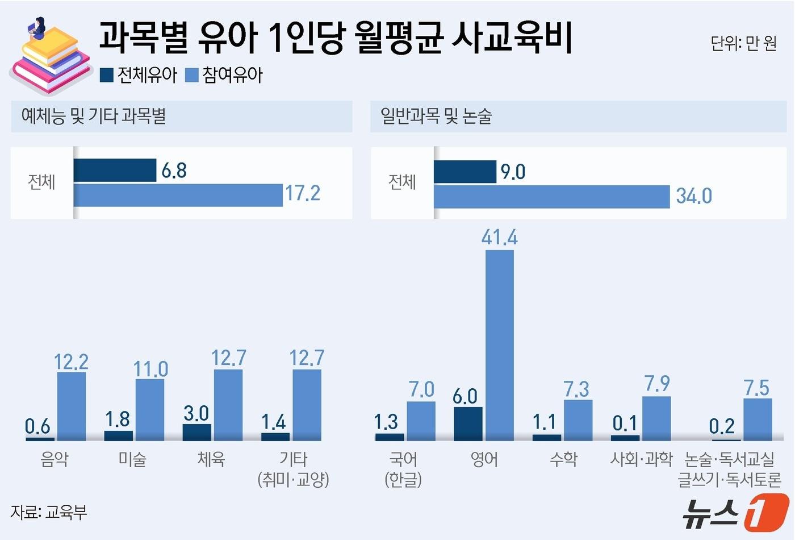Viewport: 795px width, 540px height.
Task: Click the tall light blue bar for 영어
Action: [500, 345]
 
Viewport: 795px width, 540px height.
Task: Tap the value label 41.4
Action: [499, 237]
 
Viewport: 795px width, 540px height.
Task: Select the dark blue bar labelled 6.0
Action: [468, 423]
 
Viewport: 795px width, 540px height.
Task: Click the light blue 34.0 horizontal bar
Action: [551, 197]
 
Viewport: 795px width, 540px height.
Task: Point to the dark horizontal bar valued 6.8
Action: [115, 170]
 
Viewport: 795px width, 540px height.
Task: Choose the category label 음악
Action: [55, 459]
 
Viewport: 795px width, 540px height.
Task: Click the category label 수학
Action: [563, 459]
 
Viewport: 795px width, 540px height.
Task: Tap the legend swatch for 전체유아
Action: [107, 75]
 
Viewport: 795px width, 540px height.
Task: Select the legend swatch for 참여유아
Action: [192, 75]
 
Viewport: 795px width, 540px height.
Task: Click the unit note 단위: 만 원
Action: [743, 43]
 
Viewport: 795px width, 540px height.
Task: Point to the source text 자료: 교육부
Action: [49, 512]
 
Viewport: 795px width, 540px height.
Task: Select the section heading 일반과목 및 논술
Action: [436, 116]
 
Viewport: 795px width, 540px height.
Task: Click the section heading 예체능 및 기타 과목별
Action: [94, 116]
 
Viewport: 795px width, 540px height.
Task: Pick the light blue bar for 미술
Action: [150, 409]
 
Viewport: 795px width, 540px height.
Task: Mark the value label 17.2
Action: [302, 193]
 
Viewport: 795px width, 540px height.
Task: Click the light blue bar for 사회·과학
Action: [656, 418]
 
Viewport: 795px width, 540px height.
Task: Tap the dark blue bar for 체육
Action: [196, 432]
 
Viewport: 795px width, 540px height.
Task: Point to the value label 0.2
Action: [722, 426]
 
